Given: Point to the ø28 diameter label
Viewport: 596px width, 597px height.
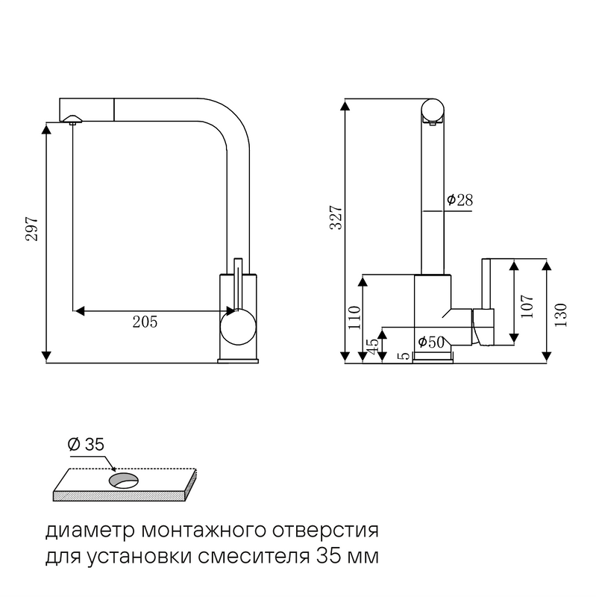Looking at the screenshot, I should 460,200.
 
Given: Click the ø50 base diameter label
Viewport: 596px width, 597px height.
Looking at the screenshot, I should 431,342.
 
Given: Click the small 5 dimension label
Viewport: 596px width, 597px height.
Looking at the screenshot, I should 404,357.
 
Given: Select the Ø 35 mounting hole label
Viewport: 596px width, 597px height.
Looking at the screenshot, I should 86,445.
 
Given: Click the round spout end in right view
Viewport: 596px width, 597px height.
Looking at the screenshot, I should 433,110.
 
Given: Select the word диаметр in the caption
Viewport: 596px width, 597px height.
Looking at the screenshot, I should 88,532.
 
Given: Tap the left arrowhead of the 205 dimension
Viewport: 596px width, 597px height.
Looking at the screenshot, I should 78,309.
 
